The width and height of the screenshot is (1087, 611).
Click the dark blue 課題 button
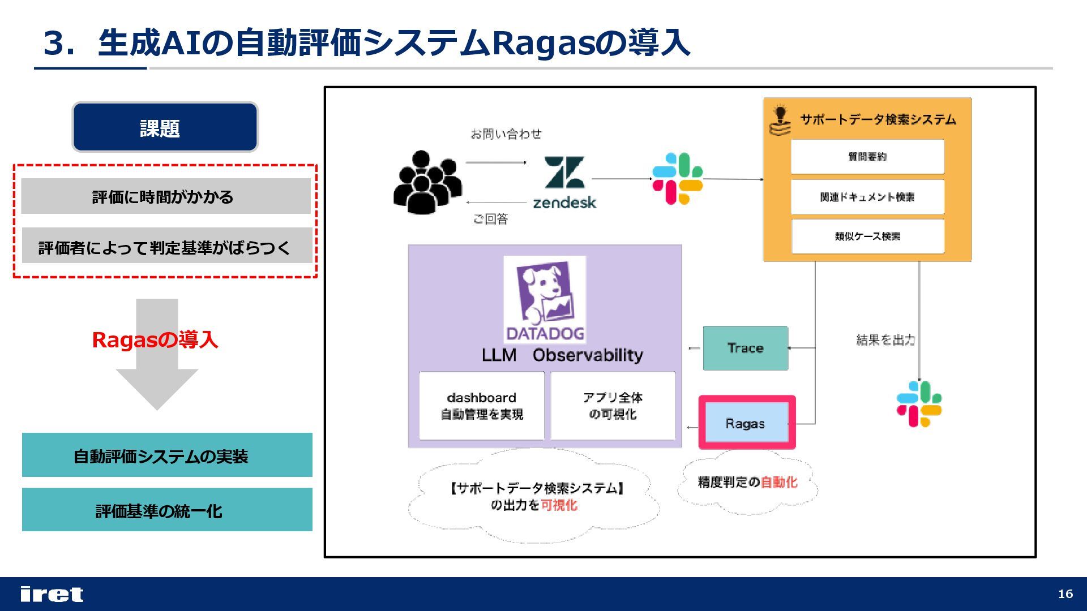pos(165,127)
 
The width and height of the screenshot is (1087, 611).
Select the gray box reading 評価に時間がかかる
pos(165,196)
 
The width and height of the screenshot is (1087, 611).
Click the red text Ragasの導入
pos(155,339)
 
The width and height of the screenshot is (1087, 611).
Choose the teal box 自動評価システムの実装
pos(167,455)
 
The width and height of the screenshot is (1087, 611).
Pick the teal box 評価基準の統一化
pos(167,510)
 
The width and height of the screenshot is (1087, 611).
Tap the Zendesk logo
pos(564,182)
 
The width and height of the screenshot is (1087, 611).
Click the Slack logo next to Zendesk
pos(677,179)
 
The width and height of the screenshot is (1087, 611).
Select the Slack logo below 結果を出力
pos(919,404)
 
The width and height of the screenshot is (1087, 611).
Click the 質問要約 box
pos(867,157)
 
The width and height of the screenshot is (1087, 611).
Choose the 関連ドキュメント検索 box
pos(867,197)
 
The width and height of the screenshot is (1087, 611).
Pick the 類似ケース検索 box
pos(867,236)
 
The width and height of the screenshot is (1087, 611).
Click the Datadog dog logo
pos(545,299)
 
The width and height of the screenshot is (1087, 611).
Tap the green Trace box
pos(745,348)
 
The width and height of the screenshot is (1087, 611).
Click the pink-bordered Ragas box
pos(746,423)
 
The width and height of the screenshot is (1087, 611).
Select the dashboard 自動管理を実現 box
pos(481,406)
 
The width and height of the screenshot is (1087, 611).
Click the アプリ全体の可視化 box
pos(613,406)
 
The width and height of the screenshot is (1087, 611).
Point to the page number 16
pos(1065,593)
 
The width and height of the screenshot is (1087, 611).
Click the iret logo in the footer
pos(52,594)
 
